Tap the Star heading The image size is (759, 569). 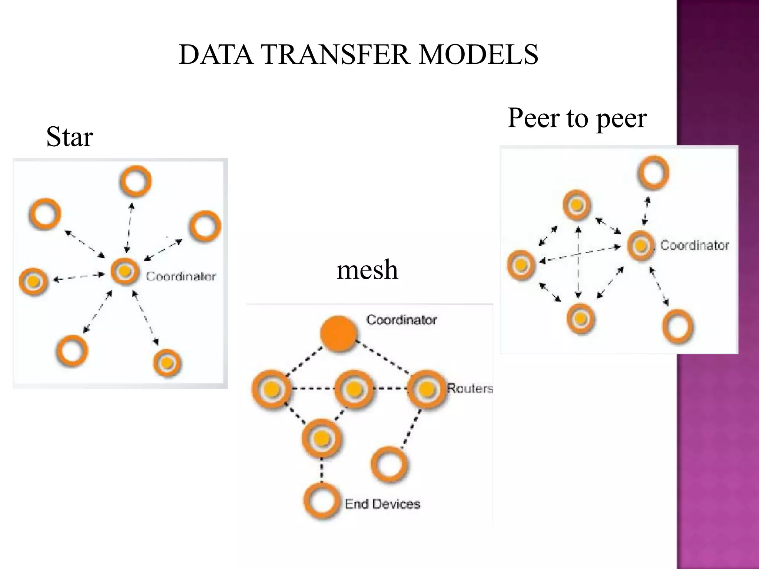coord(69,137)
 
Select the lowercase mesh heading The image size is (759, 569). coord(367,269)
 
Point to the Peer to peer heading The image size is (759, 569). coord(577,118)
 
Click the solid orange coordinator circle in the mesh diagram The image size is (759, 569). coord(338,333)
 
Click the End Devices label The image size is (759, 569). coord(382,504)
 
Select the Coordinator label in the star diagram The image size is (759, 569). coord(181,276)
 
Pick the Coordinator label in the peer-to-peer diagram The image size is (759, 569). coord(695,245)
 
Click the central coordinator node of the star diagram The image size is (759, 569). coord(125,271)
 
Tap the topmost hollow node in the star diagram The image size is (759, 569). coord(136,181)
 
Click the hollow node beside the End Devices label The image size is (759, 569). coord(321,501)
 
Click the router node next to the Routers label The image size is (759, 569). coord(426,389)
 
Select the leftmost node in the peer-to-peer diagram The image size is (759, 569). coord(521,264)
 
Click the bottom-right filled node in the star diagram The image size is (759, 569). coord(167,362)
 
